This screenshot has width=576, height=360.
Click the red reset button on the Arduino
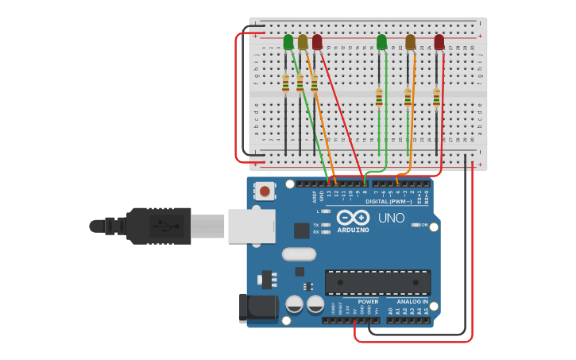[264, 191]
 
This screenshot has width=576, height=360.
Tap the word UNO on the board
[391, 218]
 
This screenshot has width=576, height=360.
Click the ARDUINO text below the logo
[353, 230]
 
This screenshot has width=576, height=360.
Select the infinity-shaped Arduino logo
[353, 217]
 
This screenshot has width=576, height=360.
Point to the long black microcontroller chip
[377, 282]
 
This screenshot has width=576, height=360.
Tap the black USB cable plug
[159, 226]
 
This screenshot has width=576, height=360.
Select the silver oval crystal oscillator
[299, 254]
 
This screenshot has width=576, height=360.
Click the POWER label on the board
[368, 302]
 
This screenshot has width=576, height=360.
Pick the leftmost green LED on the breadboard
[288, 42]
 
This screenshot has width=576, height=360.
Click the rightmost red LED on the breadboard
[439, 42]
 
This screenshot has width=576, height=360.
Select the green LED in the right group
[381, 42]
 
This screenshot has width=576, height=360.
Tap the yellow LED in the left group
[303, 42]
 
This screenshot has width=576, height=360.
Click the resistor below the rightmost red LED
[436, 97]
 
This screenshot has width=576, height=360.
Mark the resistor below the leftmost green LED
[285, 83]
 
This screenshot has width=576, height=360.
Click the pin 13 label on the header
[328, 194]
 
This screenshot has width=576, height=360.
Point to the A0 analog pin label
[390, 311]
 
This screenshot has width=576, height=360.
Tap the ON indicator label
[424, 225]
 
